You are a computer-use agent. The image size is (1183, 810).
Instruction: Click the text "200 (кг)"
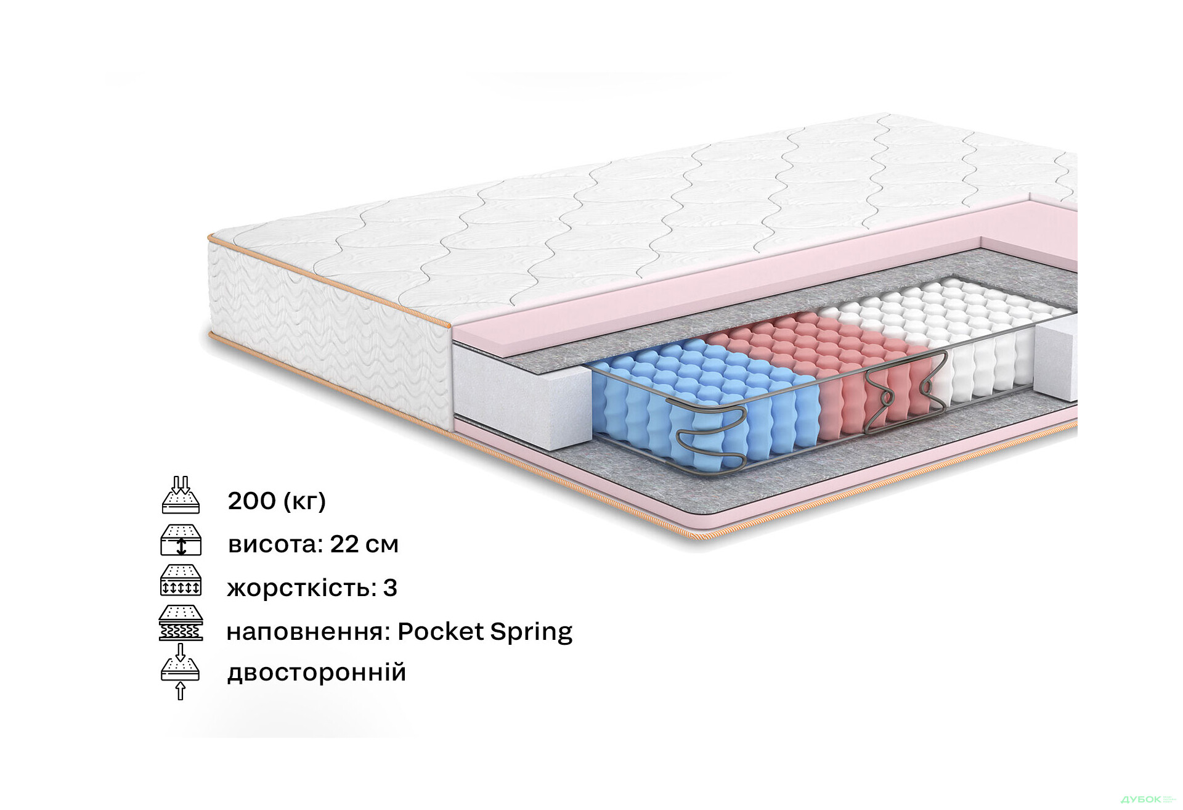pos(276,501)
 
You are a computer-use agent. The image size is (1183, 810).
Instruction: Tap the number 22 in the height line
pos(344,544)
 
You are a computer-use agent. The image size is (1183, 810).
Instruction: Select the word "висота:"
pos(275,544)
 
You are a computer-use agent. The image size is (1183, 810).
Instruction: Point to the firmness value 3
pos(390,588)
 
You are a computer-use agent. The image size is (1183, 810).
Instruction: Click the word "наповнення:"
pos(308,632)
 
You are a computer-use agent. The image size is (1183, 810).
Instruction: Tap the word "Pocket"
pos(441,632)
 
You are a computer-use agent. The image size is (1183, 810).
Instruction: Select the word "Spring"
pos(531,632)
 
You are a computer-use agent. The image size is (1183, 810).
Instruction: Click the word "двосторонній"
pos(317,673)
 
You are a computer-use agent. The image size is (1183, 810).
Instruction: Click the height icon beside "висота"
pos(181,540)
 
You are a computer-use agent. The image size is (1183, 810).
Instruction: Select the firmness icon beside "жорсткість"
pos(181,581)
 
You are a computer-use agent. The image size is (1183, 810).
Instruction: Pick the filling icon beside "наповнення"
pos(181,623)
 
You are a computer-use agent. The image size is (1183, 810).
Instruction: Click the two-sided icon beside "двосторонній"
pos(181,672)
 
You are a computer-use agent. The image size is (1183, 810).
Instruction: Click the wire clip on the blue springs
pos(712,435)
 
